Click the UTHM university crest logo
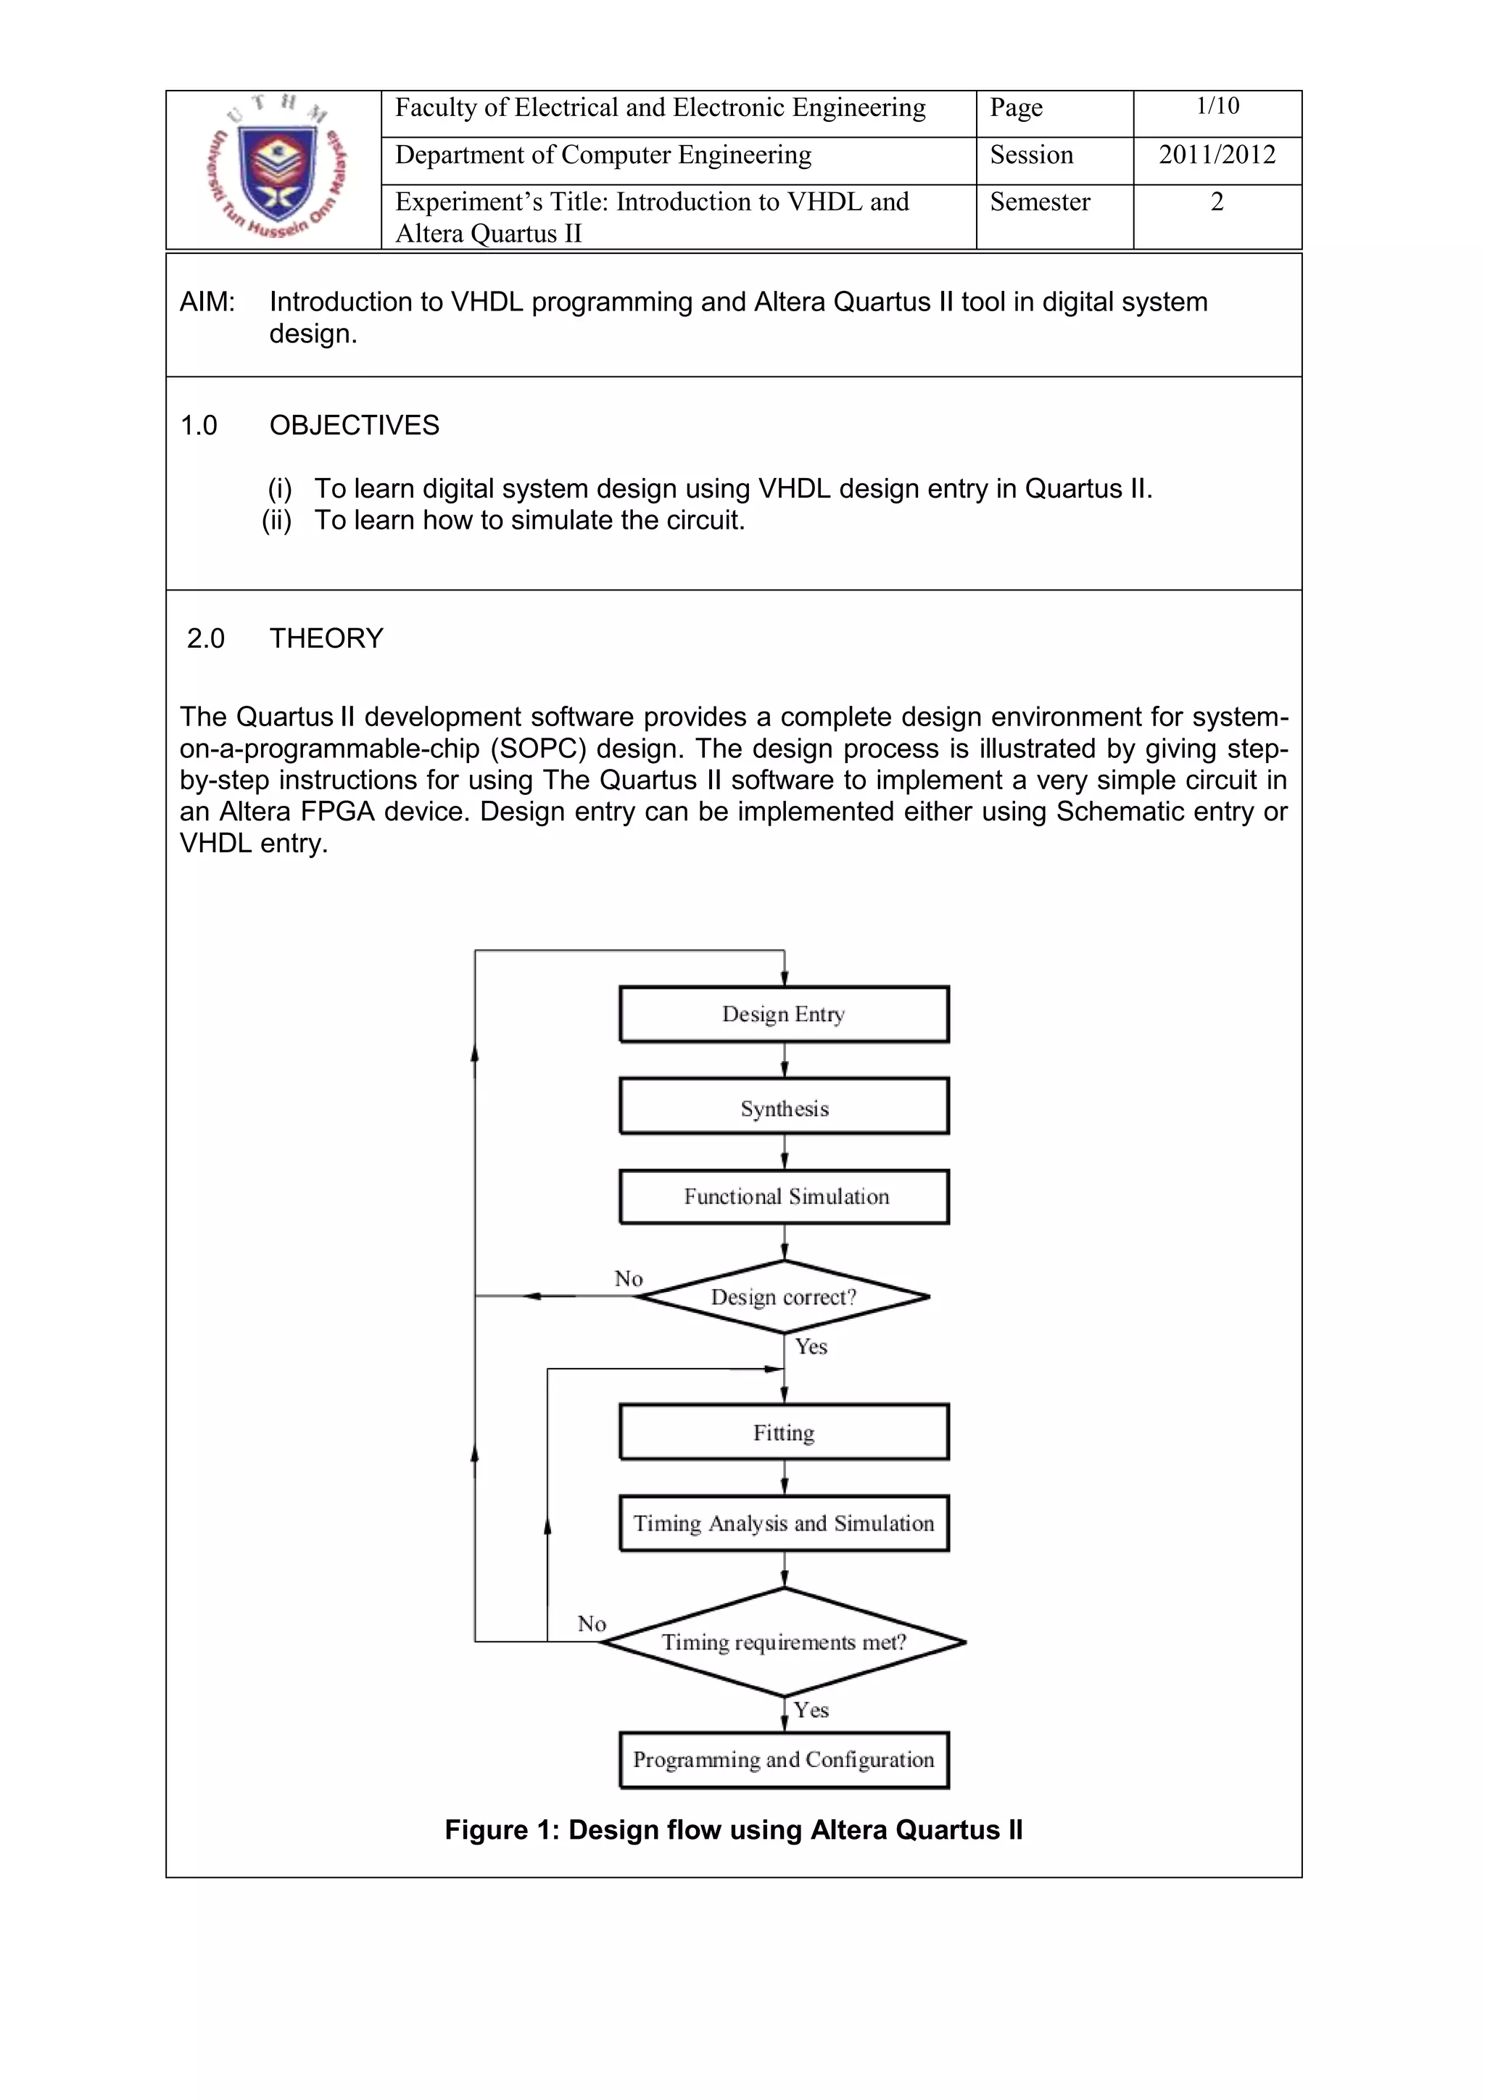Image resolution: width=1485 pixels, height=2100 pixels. (274, 169)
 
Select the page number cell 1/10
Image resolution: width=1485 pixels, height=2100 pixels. (1217, 107)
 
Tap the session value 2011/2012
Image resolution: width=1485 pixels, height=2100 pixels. (1217, 155)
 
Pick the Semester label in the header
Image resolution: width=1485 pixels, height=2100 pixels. (1040, 202)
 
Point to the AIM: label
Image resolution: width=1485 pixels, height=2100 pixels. (207, 302)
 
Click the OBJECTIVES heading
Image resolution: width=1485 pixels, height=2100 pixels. (354, 425)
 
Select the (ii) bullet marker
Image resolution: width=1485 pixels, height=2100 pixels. (277, 520)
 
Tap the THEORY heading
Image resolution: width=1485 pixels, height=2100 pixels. (326, 638)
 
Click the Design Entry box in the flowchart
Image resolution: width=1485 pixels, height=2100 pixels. (784, 1014)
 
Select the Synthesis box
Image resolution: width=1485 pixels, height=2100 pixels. (784, 1108)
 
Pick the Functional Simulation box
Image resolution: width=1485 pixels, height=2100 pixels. (784, 1196)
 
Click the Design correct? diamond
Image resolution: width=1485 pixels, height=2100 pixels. (784, 1297)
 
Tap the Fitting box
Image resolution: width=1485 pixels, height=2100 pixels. (784, 1433)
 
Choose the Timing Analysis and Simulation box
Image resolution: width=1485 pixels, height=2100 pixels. (784, 1523)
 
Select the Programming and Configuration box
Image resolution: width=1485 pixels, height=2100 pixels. (784, 1760)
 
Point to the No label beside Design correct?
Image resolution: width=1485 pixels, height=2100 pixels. (628, 1279)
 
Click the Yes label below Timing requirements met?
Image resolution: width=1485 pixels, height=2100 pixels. (811, 1710)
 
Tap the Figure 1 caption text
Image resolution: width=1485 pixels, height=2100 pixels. (733, 1829)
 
